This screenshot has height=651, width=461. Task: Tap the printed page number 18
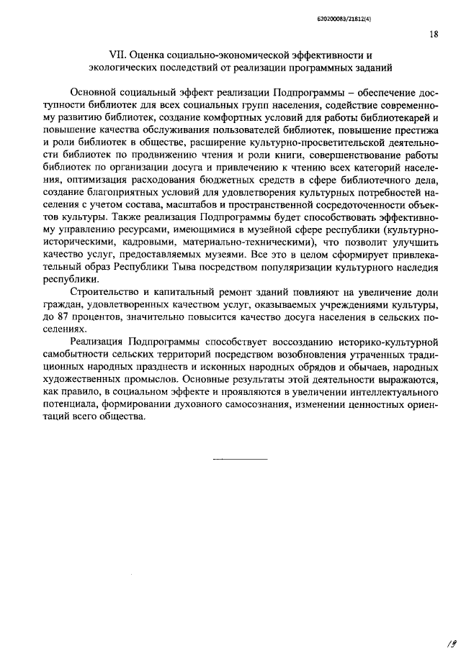coord(433,34)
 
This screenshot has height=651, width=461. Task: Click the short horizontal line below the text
coord(241,457)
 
